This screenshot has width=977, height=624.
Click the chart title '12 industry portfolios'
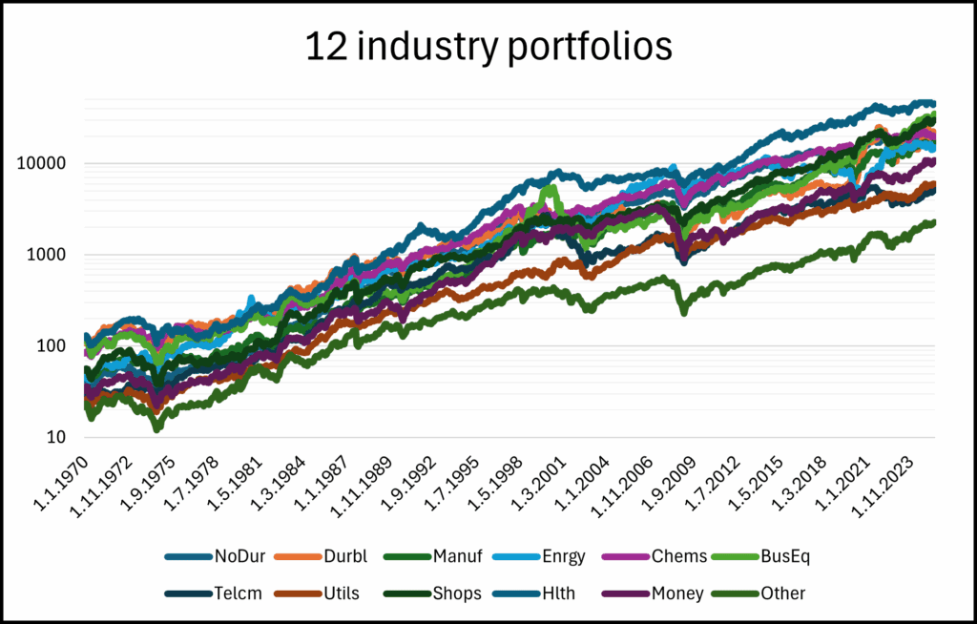click(488, 46)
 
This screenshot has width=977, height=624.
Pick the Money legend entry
click(676, 593)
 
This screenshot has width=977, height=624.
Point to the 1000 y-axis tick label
click(50, 255)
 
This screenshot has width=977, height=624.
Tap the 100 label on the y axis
click(54, 346)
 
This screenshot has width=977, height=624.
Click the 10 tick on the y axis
click(59, 438)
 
